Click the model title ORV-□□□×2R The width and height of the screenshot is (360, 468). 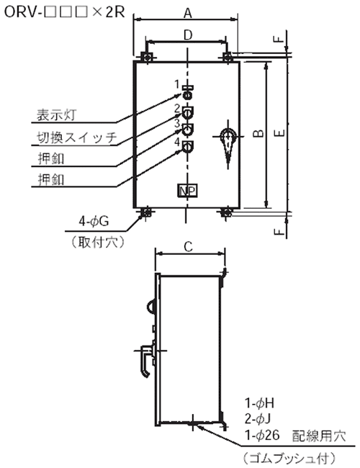pyautogui.click(x=65, y=12)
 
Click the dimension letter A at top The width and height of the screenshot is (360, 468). pyautogui.click(x=187, y=12)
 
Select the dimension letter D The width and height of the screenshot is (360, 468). pyautogui.click(x=188, y=35)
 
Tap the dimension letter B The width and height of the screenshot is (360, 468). pyautogui.click(x=258, y=133)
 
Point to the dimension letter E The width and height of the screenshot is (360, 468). pyautogui.click(x=279, y=133)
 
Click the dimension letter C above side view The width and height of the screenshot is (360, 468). pyautogui.click(x=189, y=247)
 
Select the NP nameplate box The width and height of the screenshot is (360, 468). pyautogui.click(x=188, y=191)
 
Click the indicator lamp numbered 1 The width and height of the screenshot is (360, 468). pyautogui.click(x=187, y=94)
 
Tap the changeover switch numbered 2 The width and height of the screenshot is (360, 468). pyautogui.click(x=187, y=113)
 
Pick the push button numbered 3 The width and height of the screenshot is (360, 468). pyautogui.click(x=187, y=130)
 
